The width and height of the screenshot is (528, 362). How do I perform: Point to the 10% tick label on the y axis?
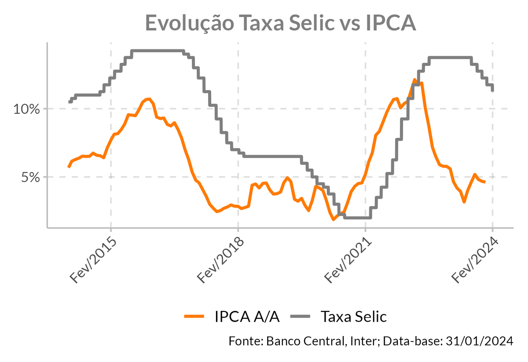tap(27, 109)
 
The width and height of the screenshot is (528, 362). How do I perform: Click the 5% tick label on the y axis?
tap(30, 177)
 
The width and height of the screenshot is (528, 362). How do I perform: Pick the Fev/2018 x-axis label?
tap(220, 261)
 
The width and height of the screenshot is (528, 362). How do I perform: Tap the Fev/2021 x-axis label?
tap(347, 261)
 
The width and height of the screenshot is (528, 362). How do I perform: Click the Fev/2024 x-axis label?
tap(474, 261)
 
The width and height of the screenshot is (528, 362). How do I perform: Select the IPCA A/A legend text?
tap(247, 316)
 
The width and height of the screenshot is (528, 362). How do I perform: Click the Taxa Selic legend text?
tap(353, 316)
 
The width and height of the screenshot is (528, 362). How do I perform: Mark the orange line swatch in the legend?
tap(194, 316)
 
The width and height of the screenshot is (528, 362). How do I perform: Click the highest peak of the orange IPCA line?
tap(414, 80)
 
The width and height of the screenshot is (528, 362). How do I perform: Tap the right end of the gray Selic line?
tap(492, 90)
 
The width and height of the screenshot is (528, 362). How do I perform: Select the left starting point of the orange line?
tap(69, 167)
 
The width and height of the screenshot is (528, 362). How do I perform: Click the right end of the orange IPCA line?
tap(484, 182)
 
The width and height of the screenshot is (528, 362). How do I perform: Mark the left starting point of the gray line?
tap(70, 102)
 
